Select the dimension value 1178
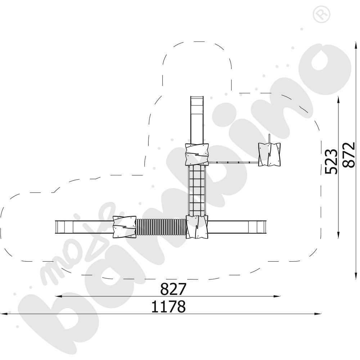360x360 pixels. [x=168, y=306]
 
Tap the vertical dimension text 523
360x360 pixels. [x=331, y=161]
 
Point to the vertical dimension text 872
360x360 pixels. [x=348, y=155]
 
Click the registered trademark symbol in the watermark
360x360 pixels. [x=321, y=14]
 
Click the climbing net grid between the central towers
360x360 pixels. [x=197, y=190]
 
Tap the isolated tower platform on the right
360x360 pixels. [x=269, y=154]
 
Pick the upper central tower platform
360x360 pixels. [x=197, y=154]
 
